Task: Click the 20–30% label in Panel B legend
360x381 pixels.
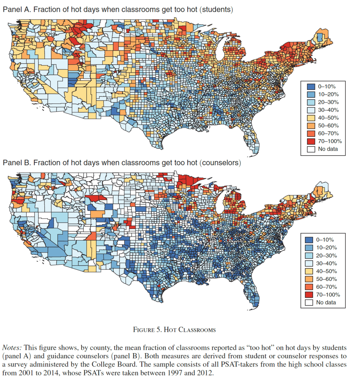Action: (327, 255)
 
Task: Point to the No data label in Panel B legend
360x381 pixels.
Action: (326, 302)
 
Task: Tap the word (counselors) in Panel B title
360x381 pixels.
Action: (220, 163)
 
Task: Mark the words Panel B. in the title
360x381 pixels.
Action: (17, 163)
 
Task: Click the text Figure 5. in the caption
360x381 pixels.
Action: (150, 330)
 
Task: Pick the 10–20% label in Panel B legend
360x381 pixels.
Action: (327, 247)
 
